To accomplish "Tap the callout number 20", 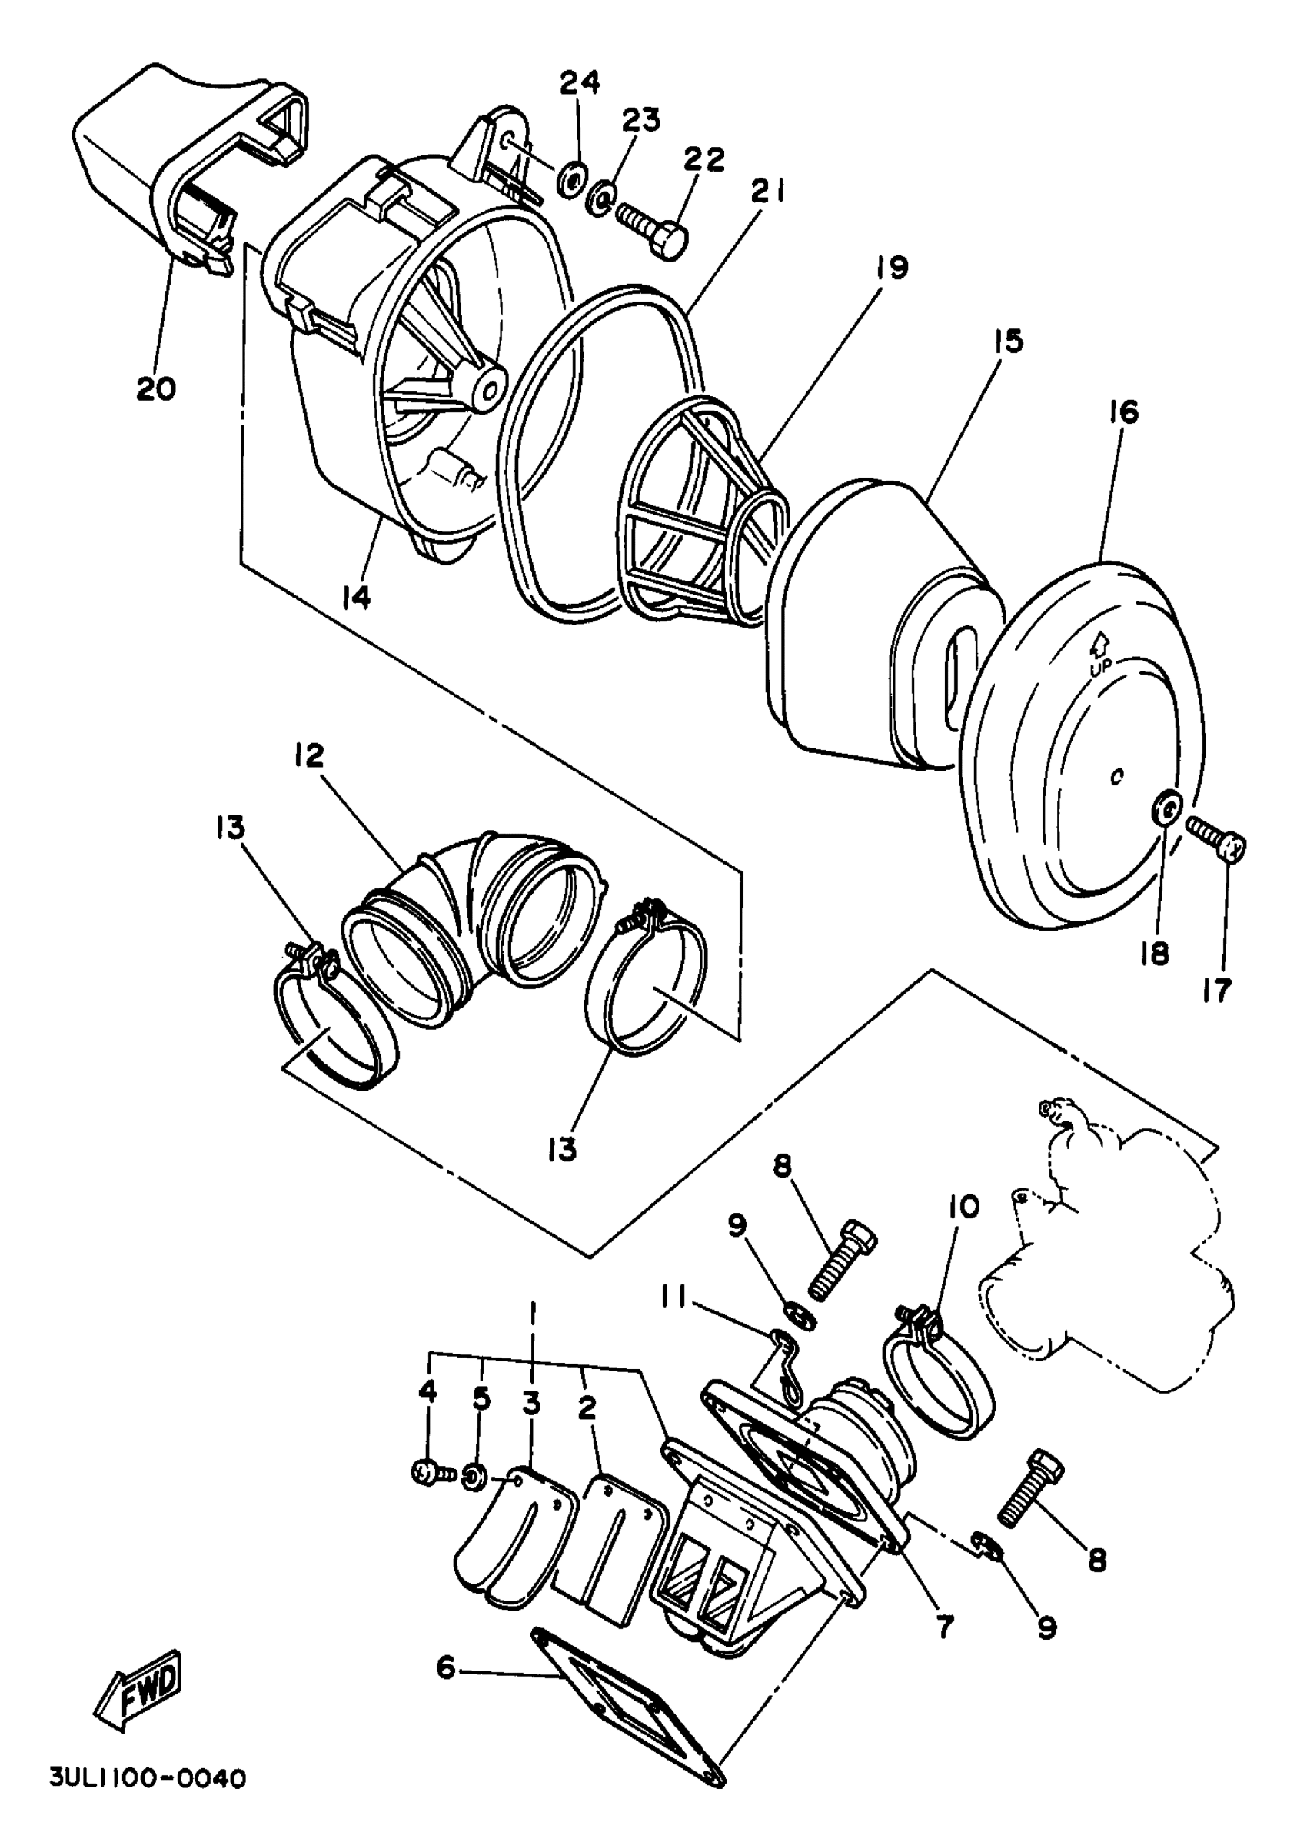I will pyautogui.click(x=156, y=390).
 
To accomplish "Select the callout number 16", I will pyautogui.click(x=1123, y=413).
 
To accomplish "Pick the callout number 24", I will pyautogui.click(x=580, y=83).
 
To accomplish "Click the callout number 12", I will pyautogui.click(x=309, y=755).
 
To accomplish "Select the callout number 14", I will pyautogui.click(x=356, y=598).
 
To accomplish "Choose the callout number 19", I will pyautogui.click(x=892, y=268).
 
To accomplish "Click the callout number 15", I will pyautogui.click(x=1008, y=341).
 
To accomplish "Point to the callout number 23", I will pyautogui.click(x=640, y=120).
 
